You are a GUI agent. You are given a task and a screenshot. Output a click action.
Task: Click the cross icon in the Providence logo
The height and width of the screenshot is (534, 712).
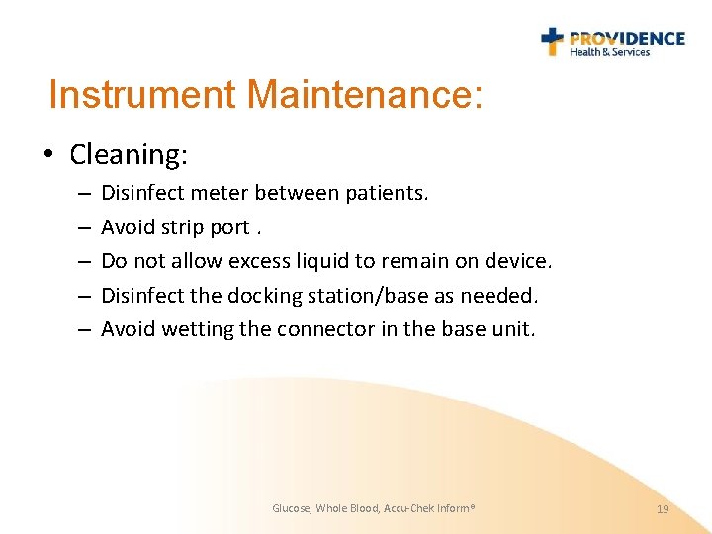(x=552, y=41)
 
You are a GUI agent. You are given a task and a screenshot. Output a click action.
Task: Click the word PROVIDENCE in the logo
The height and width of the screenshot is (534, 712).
(x=627, y=39)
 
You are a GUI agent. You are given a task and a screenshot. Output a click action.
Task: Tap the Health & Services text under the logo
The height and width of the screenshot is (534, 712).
(x=609, y=53)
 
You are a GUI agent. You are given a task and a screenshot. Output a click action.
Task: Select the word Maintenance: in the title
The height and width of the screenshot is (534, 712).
(x=365, y=96)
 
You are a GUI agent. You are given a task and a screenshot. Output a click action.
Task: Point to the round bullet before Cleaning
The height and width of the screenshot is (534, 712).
(x=48, y=155)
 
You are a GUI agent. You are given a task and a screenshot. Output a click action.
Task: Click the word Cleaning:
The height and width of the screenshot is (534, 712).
(x=130, y=155)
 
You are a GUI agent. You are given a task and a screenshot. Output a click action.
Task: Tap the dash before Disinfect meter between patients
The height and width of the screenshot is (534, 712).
(x=82, y=194)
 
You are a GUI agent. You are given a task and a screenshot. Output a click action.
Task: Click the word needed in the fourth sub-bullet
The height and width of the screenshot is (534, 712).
(x=504, y=295)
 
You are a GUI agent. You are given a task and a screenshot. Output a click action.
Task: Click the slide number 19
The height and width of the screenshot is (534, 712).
(x=663, y=508)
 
